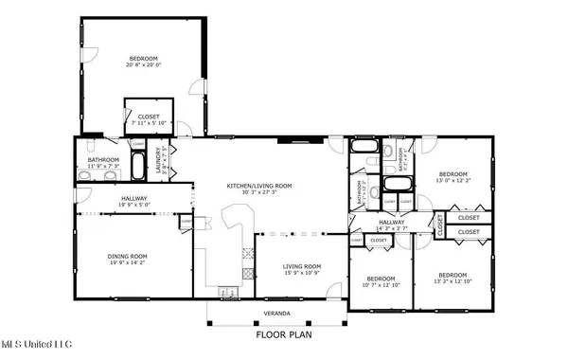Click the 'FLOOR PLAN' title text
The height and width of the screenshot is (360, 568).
point(283,334)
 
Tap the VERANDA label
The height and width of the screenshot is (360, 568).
point(276,314)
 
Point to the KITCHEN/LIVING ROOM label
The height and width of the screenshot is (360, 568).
point(259,185)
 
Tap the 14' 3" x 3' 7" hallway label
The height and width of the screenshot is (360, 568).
point(391,228)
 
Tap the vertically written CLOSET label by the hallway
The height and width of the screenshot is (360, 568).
point(440,225)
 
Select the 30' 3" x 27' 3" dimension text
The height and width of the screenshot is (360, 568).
point(259,192)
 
